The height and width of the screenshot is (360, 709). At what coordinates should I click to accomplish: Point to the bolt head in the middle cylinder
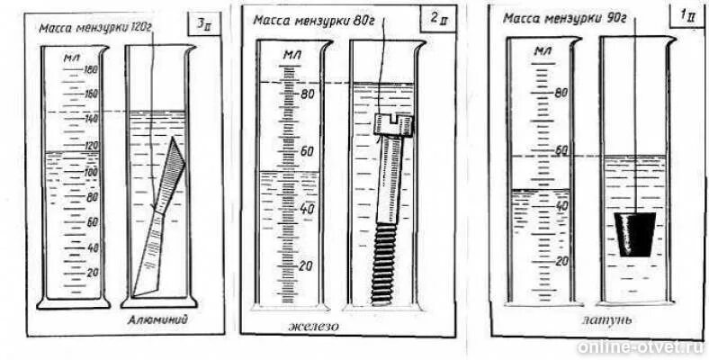(x=393, y=123)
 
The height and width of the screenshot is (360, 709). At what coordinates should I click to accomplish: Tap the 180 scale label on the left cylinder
(x=90, y=69)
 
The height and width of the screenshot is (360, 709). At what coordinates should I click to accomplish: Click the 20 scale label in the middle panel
(x=307, y=267)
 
